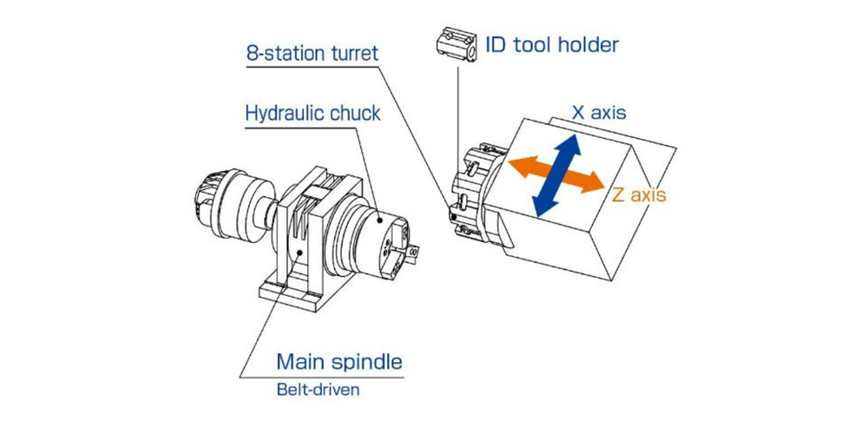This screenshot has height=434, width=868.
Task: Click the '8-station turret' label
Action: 312,53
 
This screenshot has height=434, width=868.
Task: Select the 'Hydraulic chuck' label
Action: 312,114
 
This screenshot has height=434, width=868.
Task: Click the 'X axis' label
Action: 598,113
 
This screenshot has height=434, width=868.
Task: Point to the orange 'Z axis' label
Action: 639,194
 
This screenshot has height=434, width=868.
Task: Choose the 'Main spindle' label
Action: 339,360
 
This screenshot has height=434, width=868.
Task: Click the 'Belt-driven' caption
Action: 318,389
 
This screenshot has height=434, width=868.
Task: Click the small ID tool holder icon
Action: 455,44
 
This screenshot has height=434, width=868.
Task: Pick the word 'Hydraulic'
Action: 284,114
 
